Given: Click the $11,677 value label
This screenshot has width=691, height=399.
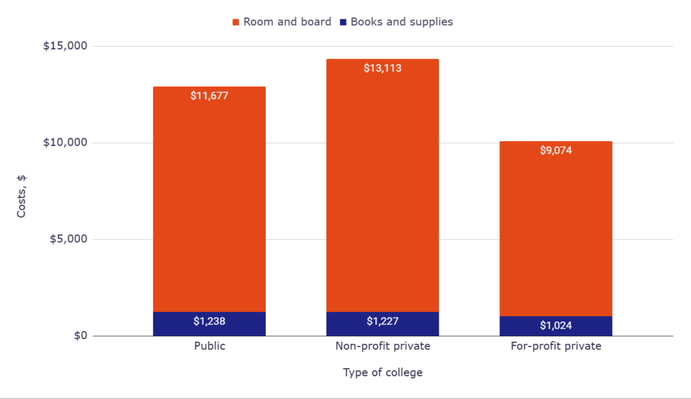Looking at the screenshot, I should point(209,96).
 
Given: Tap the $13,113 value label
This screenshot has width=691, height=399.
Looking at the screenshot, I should point(383,68).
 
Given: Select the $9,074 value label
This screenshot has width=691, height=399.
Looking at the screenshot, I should point(555,150).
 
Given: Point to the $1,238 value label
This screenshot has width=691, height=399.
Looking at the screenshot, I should point(209,321).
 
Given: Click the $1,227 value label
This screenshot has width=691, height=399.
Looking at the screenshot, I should point(383,321).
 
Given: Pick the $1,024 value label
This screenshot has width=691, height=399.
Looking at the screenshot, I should point(555,326).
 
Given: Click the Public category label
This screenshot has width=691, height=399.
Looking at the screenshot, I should point(209,346).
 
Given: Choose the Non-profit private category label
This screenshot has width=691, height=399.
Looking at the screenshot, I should point(383,346).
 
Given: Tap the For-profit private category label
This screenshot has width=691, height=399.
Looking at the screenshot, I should point(555,346).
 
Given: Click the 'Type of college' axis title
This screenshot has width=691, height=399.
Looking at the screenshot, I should point(383,372).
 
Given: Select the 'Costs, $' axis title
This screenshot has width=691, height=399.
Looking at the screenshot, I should point(22,196).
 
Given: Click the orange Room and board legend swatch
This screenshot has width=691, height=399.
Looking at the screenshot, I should point(236,22).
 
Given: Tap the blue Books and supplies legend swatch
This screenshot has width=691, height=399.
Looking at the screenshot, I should point(343,22).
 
